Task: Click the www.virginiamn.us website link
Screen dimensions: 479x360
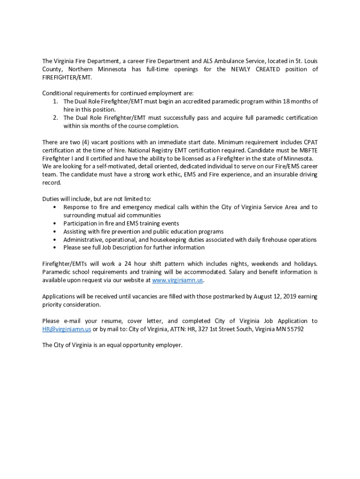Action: [178, 280]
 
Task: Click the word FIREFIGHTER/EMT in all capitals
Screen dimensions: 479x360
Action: [67, 78]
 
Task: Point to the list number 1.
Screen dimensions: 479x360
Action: [55, 102]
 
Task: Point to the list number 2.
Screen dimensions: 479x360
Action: [55, 118]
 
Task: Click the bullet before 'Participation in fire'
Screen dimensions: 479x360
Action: [56, 224]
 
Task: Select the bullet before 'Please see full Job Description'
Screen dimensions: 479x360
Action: [56, 247]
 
